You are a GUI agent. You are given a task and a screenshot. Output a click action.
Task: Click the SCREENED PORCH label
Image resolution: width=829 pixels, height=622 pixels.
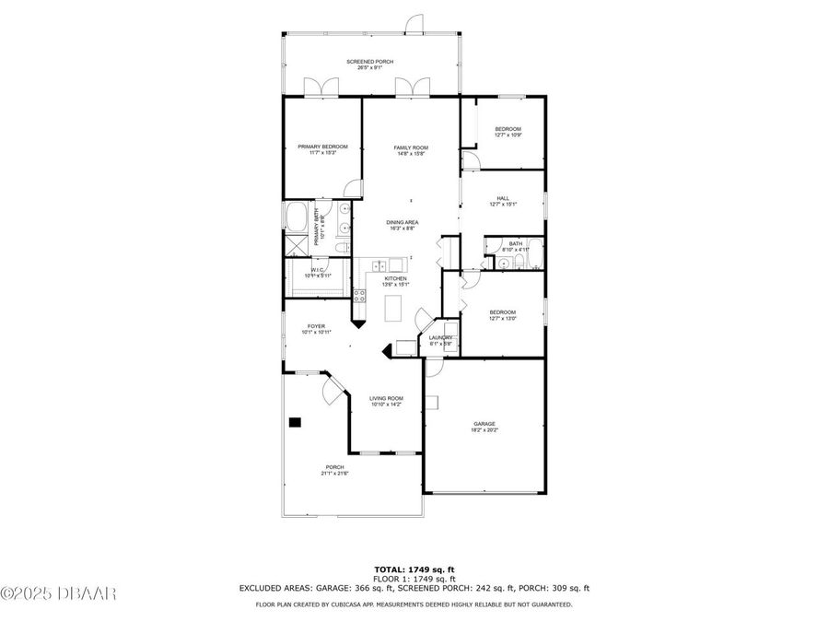369,62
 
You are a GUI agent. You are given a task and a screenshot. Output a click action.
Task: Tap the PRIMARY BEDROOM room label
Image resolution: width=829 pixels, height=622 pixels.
322,147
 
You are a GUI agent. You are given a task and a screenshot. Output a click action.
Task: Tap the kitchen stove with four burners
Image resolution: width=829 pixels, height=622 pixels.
360,296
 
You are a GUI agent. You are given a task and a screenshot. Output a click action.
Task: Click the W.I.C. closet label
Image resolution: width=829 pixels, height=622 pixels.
317,270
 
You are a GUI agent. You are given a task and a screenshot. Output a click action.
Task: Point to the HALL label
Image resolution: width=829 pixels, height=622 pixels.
503,198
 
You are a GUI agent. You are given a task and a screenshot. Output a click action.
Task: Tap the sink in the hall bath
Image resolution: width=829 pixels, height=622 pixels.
504,264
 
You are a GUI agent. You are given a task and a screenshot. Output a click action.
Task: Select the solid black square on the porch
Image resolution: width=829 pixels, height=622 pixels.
295,422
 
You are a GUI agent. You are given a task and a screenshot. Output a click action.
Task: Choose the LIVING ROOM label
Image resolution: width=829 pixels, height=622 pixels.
387,398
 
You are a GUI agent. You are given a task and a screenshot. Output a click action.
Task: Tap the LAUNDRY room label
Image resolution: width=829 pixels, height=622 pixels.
440,337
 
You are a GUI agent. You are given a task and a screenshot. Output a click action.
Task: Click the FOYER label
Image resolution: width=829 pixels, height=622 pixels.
316,325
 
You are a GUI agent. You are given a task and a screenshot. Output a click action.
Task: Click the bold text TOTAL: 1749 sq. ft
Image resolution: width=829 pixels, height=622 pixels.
414,569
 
